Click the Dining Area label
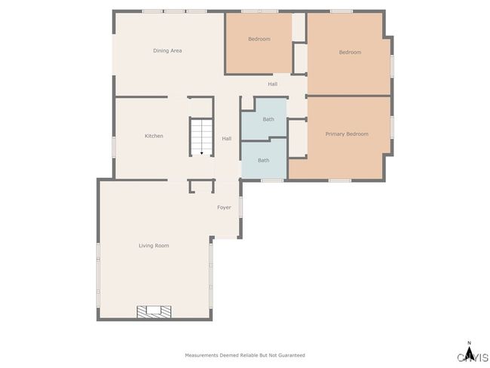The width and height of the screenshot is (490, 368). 167,51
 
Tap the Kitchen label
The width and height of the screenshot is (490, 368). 154,136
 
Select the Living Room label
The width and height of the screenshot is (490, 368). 154,246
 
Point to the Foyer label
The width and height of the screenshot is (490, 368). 224,207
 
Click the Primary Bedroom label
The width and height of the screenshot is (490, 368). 347,134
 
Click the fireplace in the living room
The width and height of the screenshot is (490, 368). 154,312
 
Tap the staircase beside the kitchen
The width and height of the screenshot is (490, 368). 201,136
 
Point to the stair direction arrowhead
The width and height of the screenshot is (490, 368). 201,153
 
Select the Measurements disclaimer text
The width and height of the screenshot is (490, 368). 245,355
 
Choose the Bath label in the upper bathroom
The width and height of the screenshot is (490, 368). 268,119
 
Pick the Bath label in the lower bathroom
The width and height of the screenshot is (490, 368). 263,161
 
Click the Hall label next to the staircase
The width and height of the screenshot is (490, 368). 227,139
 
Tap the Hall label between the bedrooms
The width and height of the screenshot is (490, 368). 272,84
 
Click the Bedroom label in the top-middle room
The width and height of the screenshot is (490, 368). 259,39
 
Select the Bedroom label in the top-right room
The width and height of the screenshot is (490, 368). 350,52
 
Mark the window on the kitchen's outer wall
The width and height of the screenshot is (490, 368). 114,147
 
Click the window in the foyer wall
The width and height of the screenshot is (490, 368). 240,207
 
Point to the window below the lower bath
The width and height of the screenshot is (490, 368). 272,180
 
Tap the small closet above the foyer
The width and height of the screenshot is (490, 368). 201,186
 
